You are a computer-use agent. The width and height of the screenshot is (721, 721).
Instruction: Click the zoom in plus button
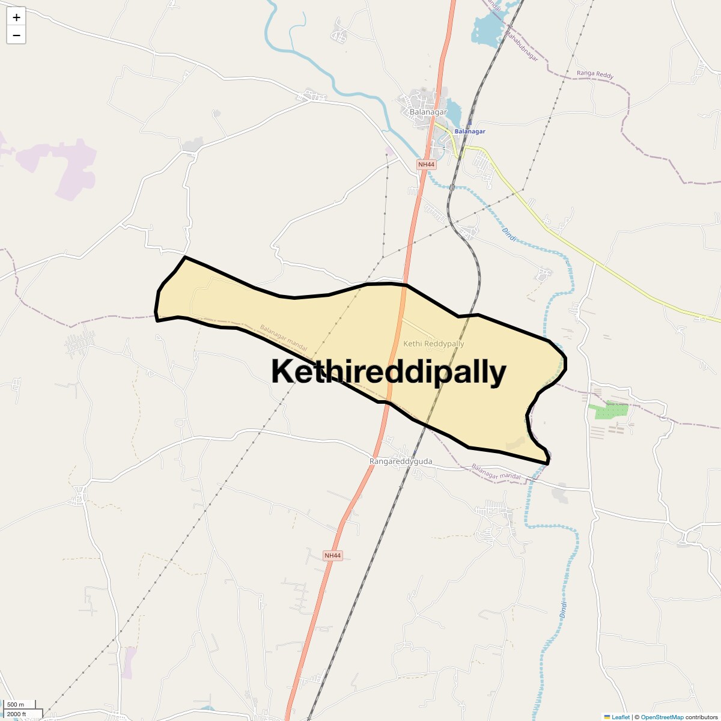(x=16, y=17)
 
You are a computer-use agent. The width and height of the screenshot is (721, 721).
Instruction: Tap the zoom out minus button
(x=16, y=35)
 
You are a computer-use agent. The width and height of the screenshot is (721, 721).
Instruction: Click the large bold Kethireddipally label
(x=389, y=372)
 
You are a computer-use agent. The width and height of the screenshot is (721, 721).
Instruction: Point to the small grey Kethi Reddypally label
(x=434, y=344)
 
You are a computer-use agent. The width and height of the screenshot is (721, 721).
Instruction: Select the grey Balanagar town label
(x=428, y=112)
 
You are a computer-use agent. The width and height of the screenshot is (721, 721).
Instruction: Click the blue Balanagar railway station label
(x=469, y=131)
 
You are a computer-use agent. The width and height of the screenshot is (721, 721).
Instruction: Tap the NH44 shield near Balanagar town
(x=427, y=164)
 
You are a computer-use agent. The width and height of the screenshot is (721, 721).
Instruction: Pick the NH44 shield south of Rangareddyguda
(x=332, y=556)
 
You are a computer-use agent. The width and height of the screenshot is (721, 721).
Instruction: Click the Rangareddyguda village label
(x=401, y=461)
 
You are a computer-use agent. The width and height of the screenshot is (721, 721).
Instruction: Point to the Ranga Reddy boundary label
(x=595, y=74)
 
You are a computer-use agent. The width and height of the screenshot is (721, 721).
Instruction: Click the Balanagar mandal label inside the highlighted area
(x=284, y=338)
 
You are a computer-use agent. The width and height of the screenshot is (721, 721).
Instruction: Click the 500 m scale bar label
(x=16, y=704)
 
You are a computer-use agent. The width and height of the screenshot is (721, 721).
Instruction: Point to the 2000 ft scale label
(x=17, y=714)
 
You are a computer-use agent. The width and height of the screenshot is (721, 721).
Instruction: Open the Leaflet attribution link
(x=620, y=717)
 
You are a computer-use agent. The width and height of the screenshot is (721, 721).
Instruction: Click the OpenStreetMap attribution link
(x=662, y=717)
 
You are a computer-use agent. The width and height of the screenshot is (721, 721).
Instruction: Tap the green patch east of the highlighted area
(x=608, y=411)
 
